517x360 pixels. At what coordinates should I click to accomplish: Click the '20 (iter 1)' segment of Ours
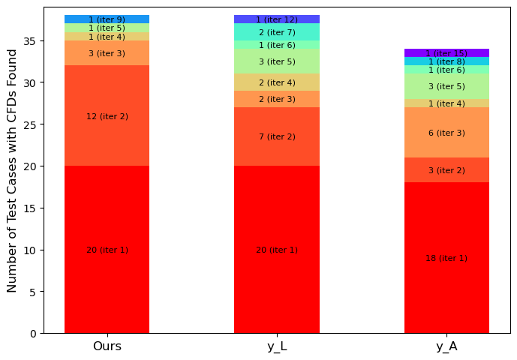pos(107,250)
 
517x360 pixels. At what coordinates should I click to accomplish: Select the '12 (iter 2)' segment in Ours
pos(107,116)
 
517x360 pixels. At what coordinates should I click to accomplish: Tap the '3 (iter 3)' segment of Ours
pos(107,53)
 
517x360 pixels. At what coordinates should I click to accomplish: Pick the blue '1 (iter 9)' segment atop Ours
pos(107,19)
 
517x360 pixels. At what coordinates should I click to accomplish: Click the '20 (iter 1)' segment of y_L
pos(276,250)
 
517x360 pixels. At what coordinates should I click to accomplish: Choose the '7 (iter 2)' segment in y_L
pos(276,136)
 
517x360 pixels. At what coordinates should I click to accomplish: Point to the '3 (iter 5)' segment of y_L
pos(276,61)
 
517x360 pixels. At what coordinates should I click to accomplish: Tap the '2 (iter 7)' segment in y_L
pos(276,32)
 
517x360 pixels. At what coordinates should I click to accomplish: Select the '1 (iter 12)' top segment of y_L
pos(276,19)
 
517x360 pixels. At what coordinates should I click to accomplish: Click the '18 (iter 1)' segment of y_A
pos(446,258)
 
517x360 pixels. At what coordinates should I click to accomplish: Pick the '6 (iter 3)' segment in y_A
pos(446,133)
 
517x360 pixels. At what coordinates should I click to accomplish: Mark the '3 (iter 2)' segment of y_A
pos(446,170)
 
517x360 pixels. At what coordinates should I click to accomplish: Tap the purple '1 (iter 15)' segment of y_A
pos(446,53)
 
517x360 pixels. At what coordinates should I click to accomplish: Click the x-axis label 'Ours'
pos(107,346)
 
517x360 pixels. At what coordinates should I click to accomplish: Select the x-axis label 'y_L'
pos(276,346)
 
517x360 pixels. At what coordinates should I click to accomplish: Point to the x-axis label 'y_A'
pos(446,346)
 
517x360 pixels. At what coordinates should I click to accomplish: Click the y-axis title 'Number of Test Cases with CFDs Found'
pos(12,170)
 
